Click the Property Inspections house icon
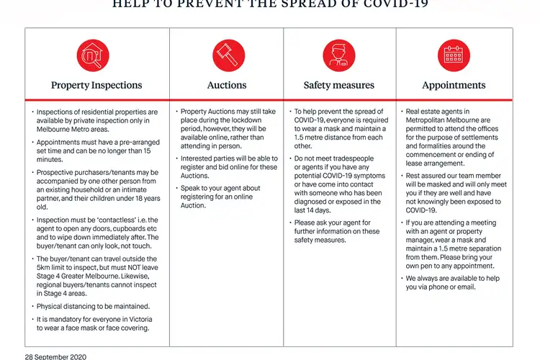tap(92, 54)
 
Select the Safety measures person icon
tap(338, 54)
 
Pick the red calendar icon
tap(454, 54)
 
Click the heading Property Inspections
tap(96, 85)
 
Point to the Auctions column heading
tap(227, 85)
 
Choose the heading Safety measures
tap(338, 85)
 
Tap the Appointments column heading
tap(454, 85)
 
